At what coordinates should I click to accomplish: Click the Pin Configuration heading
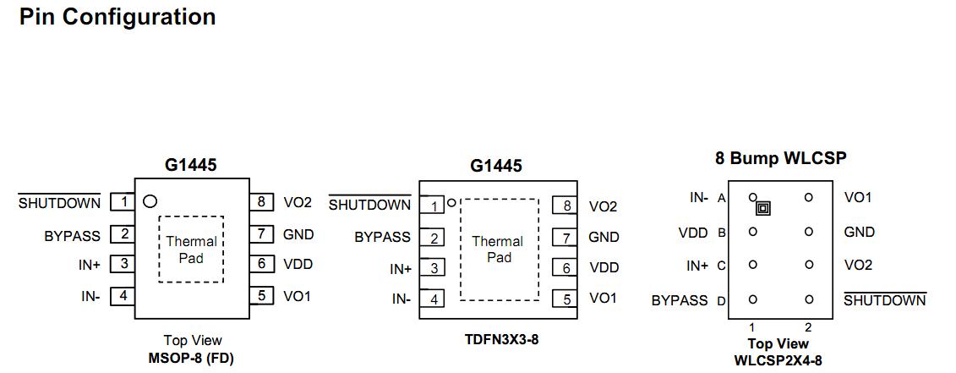click(x=117, y=17)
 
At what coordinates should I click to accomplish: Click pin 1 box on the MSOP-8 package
click(x=123, y=201)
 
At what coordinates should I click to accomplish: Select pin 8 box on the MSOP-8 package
click(x=262, y=202)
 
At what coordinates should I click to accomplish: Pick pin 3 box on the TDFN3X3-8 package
click(x=434, y=268)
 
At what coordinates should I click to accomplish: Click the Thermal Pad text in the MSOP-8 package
click(x=191, y=250)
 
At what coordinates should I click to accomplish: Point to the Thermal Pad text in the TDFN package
click(x=498, y=250)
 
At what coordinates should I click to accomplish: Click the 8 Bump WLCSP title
click(x=780, y=158)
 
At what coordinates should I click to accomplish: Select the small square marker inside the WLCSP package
click(x=763, y=208)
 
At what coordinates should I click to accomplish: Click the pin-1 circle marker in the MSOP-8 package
click(x=150, y=201)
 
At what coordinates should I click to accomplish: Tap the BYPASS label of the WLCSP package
click(x=680, y=300)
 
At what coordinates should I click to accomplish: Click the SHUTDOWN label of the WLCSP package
click(x=885, y=300)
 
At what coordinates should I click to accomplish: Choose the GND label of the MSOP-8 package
click(x=298, y=234)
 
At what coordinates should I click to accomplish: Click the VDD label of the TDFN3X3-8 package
click(x=604, y=268)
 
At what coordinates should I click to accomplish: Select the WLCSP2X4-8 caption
click(x=778, y=359)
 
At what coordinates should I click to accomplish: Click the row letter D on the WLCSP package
click(x=722, y=300)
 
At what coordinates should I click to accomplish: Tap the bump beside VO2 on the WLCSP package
click(x=809, y=265)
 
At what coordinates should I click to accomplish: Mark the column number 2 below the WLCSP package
click(x=808, y=327)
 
